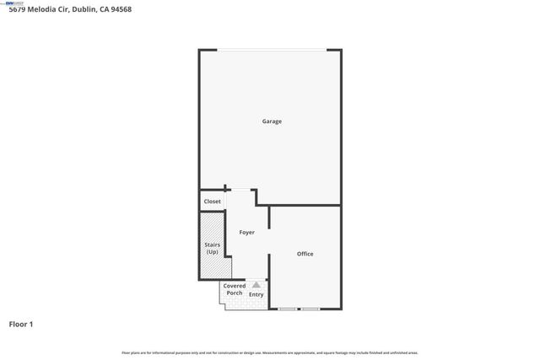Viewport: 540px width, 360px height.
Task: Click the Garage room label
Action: [271, 121]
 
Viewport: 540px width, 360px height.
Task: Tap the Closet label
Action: [212, 202]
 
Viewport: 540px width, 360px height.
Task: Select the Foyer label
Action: [246, 232]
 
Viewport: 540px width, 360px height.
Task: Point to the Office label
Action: [305, 254]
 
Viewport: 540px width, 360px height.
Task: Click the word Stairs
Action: [212, 245]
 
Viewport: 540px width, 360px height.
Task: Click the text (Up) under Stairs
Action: [212, 252]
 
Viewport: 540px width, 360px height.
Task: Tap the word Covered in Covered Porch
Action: [235, 286]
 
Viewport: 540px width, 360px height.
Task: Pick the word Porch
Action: [235, 293]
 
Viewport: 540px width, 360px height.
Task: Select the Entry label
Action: [256, 294]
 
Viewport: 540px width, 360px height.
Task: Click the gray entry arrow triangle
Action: [256, 285]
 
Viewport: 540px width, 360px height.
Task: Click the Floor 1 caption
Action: [21, 324]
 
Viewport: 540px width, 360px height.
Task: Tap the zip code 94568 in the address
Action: [120, 9]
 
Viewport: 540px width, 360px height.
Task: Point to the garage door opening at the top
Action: [271, 51]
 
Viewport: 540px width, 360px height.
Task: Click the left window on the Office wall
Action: [289, 309]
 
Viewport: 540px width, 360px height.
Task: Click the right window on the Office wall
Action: [310, 309]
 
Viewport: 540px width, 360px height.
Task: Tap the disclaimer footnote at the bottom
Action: [270, 352]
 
